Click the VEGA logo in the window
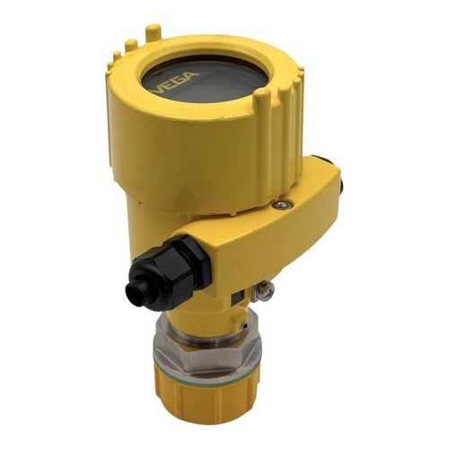(174, 80)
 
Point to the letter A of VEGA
(192, 75)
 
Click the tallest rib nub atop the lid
(153, 32)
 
